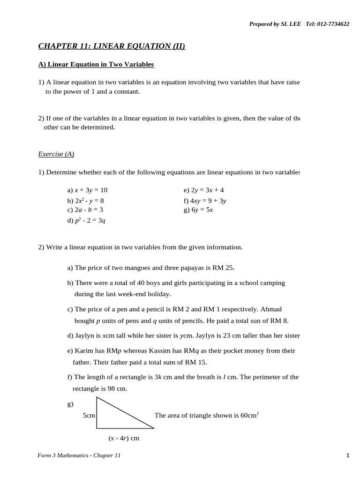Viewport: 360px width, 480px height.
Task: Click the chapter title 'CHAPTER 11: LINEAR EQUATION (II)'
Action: click(112, 46)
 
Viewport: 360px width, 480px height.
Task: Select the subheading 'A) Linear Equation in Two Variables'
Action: click(96, 64)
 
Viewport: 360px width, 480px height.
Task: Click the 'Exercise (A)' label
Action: click(56, 154)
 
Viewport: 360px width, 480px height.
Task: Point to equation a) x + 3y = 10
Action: click(87, 190)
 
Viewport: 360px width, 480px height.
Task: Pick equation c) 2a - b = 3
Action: click(85, 210)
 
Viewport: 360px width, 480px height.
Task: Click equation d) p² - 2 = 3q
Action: click(86, 220)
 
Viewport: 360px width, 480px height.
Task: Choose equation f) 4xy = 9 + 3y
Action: click(205, 201)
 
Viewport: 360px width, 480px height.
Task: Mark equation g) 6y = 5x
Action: click(198, 210)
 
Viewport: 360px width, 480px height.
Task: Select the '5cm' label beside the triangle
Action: click(89, 415)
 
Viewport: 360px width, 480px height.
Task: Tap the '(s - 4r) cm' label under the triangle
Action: click(124, 438)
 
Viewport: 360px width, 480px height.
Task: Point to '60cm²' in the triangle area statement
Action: click(250, 415)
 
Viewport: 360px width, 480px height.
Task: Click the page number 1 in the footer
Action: click(348, 455)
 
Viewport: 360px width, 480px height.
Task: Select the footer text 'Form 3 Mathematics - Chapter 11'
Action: click(79, 455)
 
